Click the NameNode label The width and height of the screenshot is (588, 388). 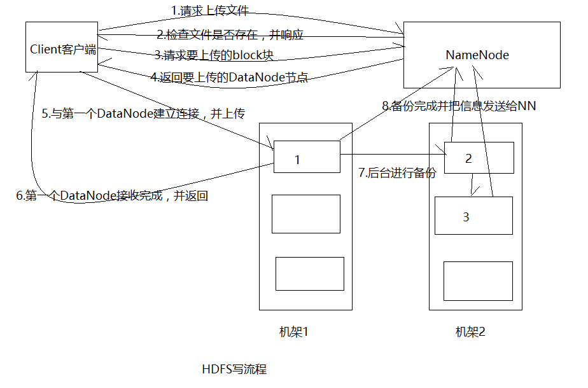[477, 55]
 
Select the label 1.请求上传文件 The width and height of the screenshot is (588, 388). [209, 11]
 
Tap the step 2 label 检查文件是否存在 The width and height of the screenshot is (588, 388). [230, 35]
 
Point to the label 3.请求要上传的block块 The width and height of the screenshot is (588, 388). [214, 55]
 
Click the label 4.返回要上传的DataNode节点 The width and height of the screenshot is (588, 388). [229, 77]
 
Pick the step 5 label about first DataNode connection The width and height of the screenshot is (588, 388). [143, 113]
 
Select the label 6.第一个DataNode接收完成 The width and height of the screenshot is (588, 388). [112, 195]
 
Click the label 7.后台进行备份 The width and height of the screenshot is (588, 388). [397, 172]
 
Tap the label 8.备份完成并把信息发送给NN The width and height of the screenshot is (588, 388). [459, 106]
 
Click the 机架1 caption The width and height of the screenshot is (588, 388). [293, 332]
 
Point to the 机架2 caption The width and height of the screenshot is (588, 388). [470, 332]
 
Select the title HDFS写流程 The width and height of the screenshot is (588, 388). [234, 370]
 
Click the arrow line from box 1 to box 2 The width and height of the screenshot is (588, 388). [393, 154]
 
